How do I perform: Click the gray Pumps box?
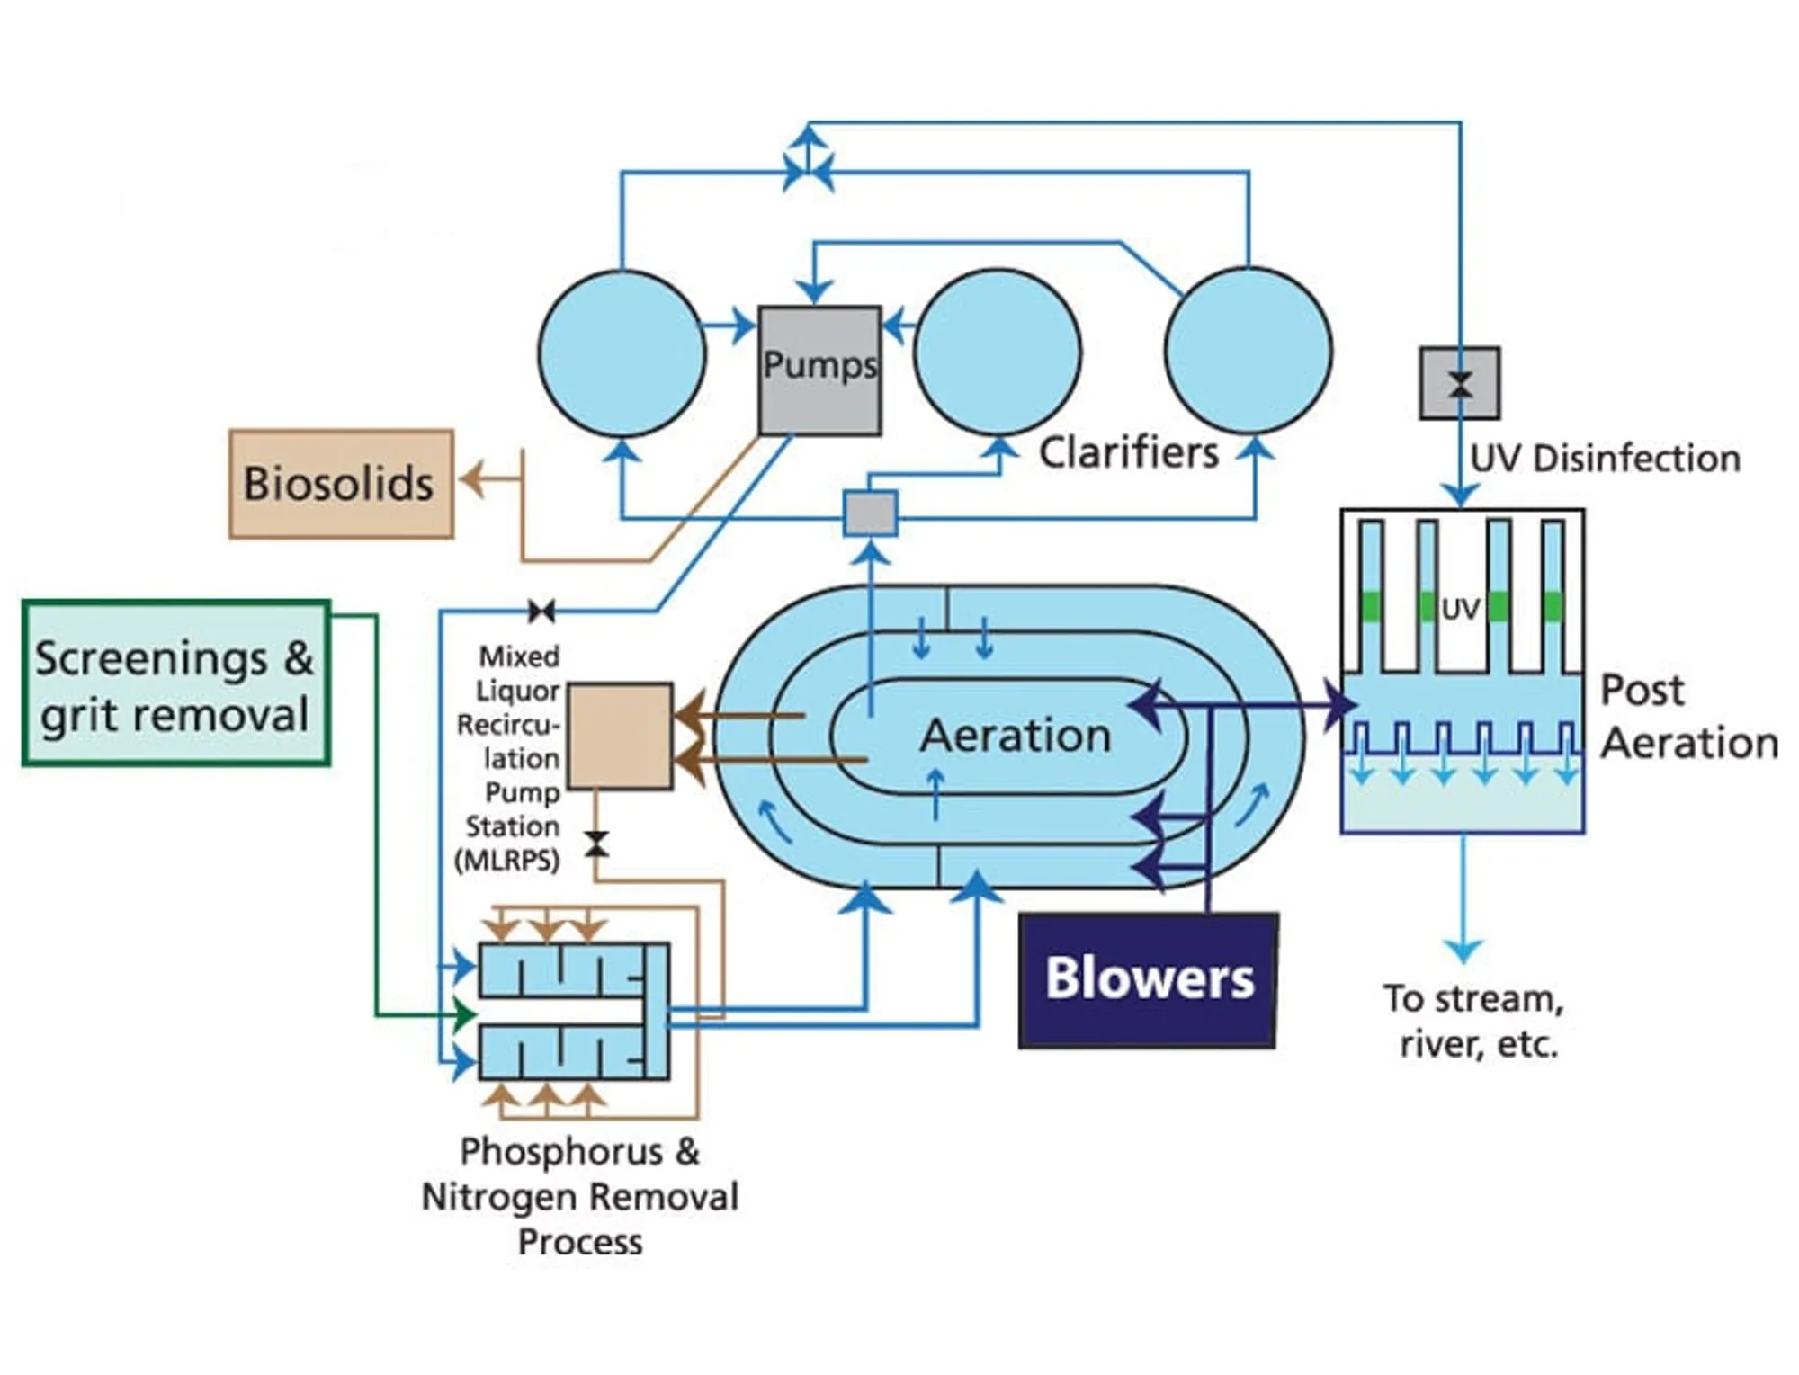819,370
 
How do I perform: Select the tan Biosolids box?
341,484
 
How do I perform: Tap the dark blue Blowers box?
1148,979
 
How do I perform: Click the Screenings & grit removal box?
175,683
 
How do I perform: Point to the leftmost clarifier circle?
622,353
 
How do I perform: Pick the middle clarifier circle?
997,352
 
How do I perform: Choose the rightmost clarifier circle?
1248,350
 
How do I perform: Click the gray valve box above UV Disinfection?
1459,383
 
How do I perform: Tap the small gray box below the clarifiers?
870,513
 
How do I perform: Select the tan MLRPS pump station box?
620,736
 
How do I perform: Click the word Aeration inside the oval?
1015,736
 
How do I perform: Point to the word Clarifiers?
1129,452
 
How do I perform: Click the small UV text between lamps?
1460,610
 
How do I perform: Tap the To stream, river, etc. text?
1474,1022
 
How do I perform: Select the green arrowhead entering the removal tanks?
464,1015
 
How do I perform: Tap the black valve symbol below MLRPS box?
595,844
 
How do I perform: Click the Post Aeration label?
1687,717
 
